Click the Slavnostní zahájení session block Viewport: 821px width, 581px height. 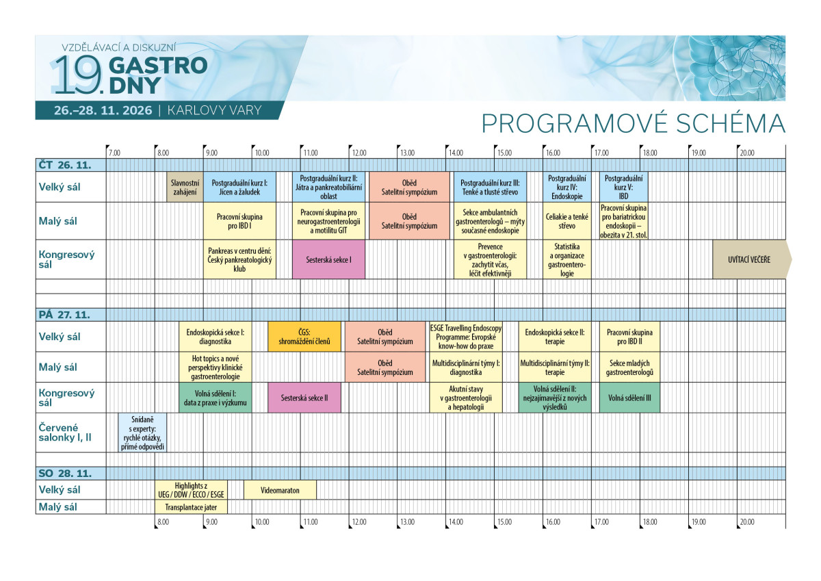(x=185, y=187)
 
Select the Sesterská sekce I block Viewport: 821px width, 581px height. (x=328, y=259)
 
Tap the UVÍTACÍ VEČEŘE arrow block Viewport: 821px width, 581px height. (x=751, y=259)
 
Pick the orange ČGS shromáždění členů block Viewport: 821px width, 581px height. (x=304, y=337)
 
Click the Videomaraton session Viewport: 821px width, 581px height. (x=280, y=490)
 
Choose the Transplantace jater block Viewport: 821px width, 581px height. (x=191, y=507)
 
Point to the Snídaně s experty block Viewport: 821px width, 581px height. (x=142, y=433)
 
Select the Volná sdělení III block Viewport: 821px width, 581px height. (x=629, y=398)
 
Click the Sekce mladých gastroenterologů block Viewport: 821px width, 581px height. (x=629, y=367)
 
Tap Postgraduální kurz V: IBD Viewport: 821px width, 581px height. (x=623, y=187)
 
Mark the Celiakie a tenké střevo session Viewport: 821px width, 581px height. (x=566, y=221)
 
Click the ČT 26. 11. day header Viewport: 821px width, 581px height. (x=65, y=166)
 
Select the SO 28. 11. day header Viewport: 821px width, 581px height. (x=65, y=474)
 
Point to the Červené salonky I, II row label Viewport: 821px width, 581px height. (x=65, y=432)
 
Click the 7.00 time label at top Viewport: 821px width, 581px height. (x=114, y=153)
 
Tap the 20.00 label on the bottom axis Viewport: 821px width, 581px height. (x=747, y=521)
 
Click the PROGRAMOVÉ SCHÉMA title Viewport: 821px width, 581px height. (x=634, y=124)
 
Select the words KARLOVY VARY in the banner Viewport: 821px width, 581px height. (x=214, y=110)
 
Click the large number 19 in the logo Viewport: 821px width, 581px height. (x=77, y=75)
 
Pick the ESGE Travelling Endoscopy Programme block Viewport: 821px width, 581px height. (x=466, y=337)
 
